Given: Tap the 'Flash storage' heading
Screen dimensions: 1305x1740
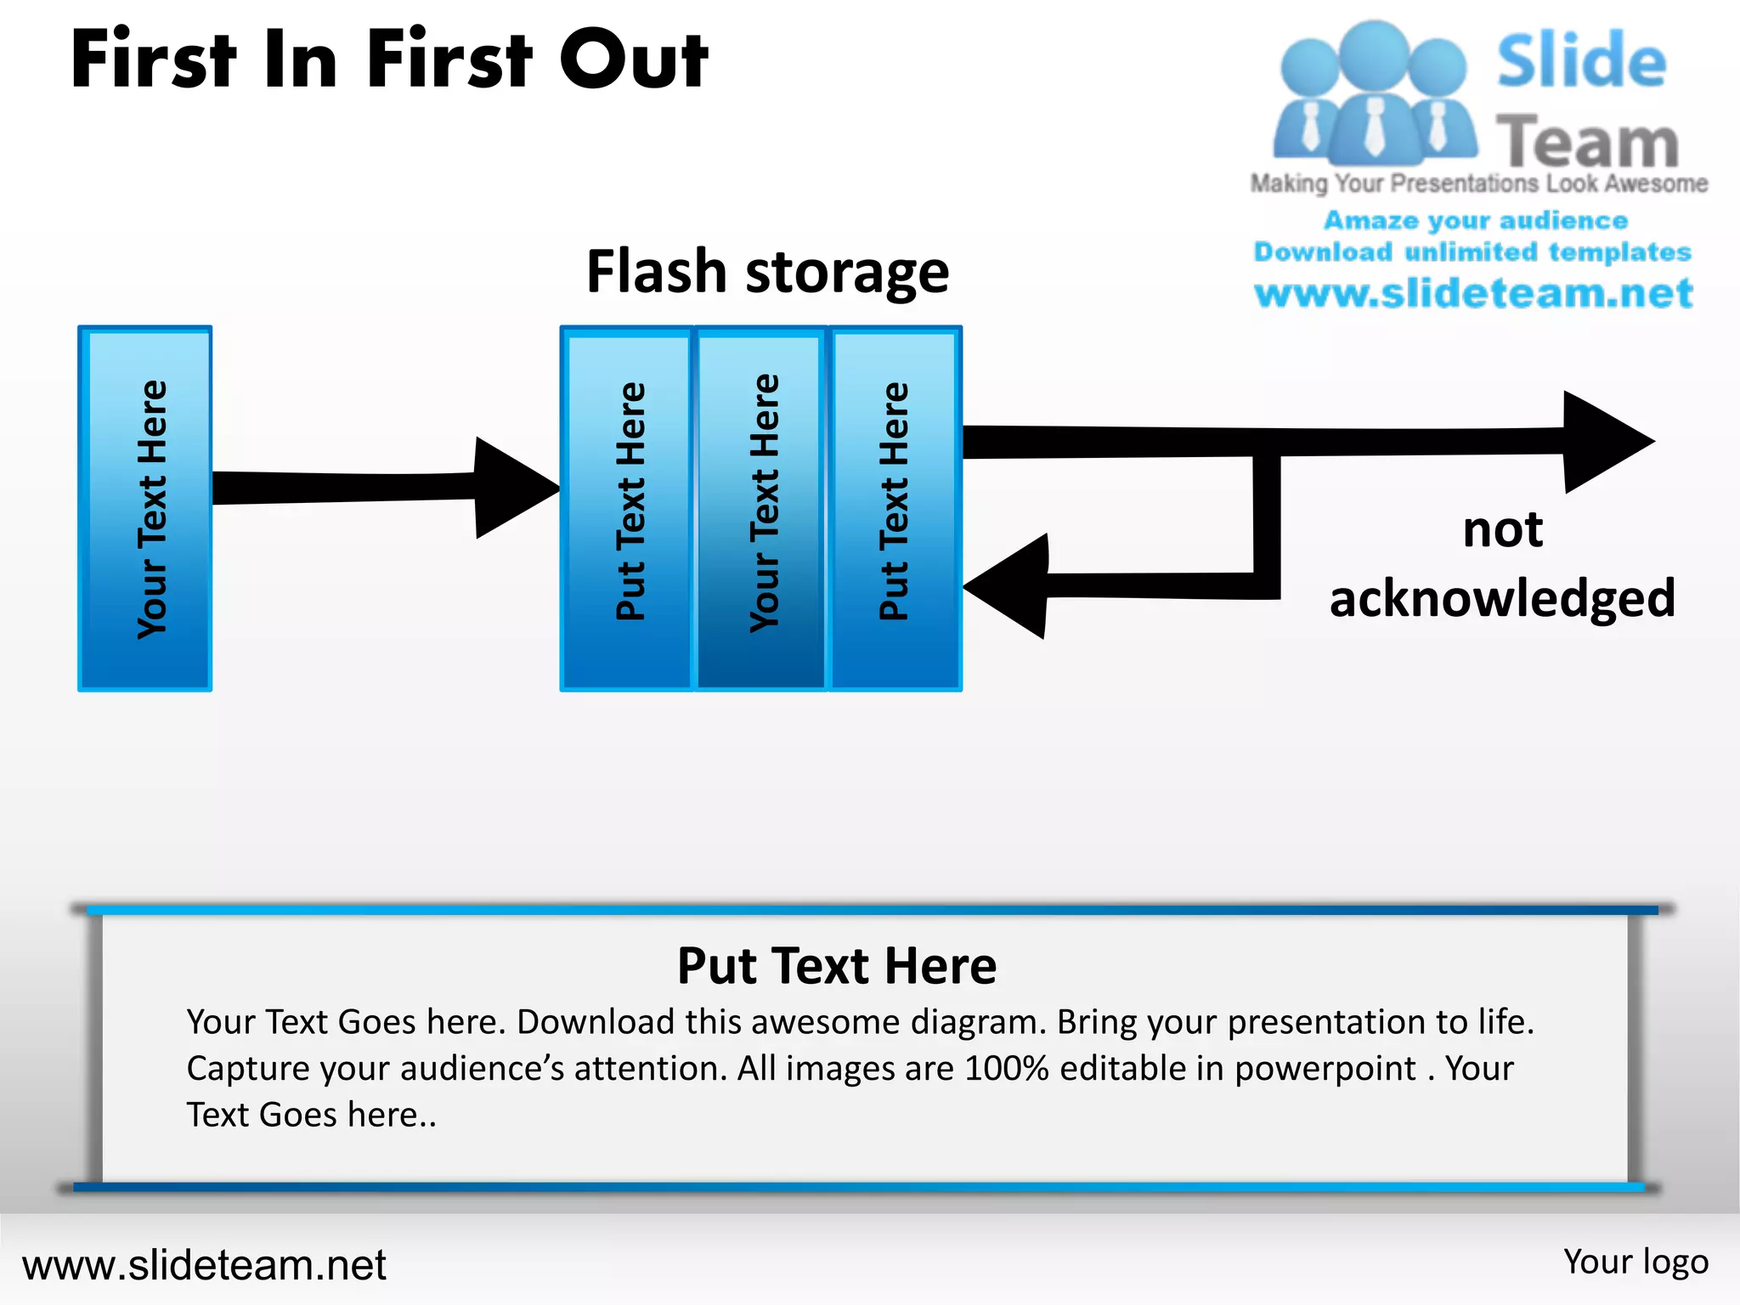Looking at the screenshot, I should click(x=767, y=272).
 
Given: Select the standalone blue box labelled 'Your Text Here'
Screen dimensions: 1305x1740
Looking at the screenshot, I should click(x=145, y=508).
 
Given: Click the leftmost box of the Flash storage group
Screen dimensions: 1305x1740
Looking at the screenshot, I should click(x=627, y=508).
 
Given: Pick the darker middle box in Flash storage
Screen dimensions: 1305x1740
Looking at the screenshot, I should click(x=761, y=508).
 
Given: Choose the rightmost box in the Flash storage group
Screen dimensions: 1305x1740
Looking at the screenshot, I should click(x=895, y=508).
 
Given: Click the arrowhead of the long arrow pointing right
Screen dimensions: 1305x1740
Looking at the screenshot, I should click(x=1602, y=442).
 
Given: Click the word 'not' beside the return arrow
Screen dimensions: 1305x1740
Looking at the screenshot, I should click(x=1502, y=530).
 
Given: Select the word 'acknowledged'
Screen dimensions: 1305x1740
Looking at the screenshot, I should click(x=1502, y=598).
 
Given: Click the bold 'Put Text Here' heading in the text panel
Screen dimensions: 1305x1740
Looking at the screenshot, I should click(x=837, y=966).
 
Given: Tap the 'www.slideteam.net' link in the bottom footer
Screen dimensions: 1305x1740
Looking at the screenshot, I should click(x=204, y=1265).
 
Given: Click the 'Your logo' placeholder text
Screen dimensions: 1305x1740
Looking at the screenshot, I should click(x=1635, y=1262).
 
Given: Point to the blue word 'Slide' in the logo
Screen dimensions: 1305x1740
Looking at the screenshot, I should click(x=1581, y=61).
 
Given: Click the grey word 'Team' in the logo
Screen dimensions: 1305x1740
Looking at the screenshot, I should click(x=1587, y=141).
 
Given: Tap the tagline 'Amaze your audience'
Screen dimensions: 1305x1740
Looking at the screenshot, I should click(x=1476, y=220).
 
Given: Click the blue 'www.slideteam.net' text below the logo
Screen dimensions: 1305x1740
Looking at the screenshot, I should click(x=1473, y=293).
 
